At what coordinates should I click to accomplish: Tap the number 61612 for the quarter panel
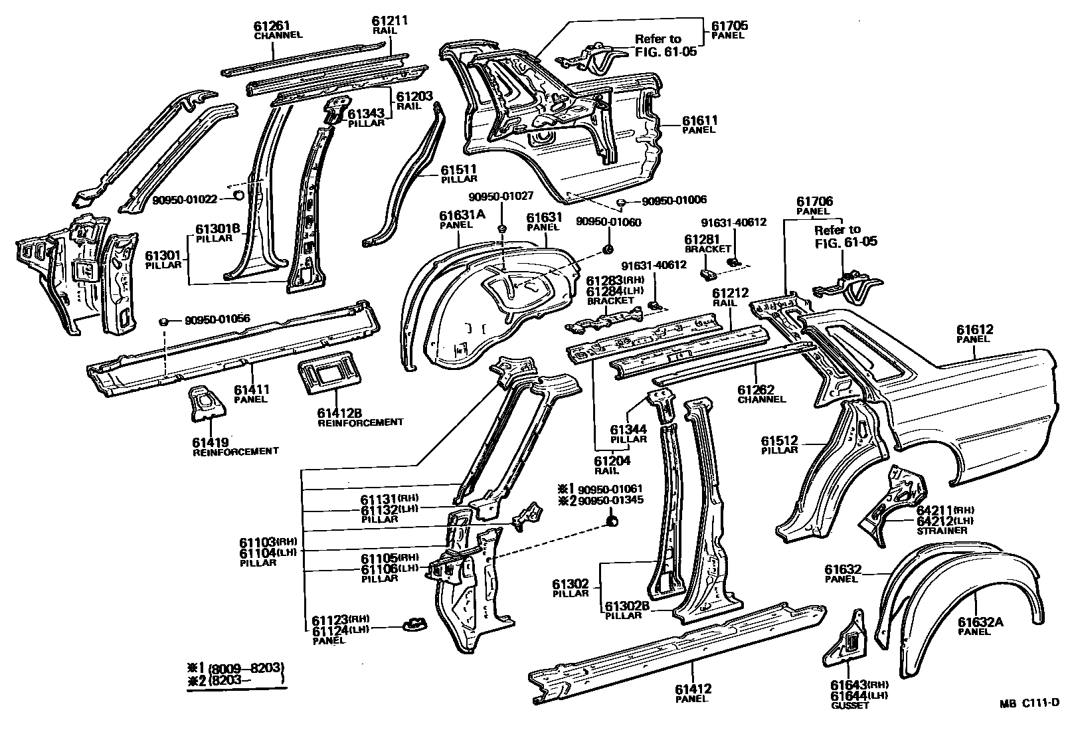coord(974,329)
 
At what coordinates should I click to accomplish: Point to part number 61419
coord(211,442)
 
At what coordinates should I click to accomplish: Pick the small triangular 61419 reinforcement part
coord(207,403)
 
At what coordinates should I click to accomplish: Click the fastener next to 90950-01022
coord(237,196)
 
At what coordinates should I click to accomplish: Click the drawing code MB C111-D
coord(1029,704)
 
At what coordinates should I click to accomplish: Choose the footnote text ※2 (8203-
coord(236,680)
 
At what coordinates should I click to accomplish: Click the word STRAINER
coord(941,531)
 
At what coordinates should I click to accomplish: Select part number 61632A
coord(980,622)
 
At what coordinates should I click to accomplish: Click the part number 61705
coord(729,26)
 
